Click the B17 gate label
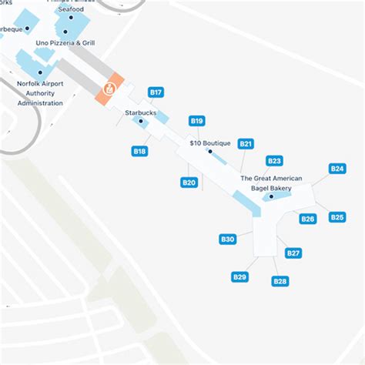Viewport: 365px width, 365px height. point(156,92)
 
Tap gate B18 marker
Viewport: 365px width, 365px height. point(139,152)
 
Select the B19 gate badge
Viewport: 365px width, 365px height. point(196,121)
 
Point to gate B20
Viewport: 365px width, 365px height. point(189,182)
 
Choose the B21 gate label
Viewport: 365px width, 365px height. point(246,143)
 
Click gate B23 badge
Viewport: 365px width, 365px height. point(274,161)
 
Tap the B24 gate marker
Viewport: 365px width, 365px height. point(337,169)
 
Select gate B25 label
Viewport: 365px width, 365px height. point(337,217)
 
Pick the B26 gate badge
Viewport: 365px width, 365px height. point(308,219)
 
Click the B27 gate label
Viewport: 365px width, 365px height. point(293,253)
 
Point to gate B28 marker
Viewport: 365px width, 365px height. point(280,282)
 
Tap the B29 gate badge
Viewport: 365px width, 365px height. point(239,277)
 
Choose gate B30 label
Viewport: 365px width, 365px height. point(228,239)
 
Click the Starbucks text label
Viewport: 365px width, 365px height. point(140,112)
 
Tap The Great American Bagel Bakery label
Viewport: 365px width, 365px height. point(271,182)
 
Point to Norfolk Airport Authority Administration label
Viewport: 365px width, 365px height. point(40,92)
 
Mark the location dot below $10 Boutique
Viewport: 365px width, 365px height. point(209,152)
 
